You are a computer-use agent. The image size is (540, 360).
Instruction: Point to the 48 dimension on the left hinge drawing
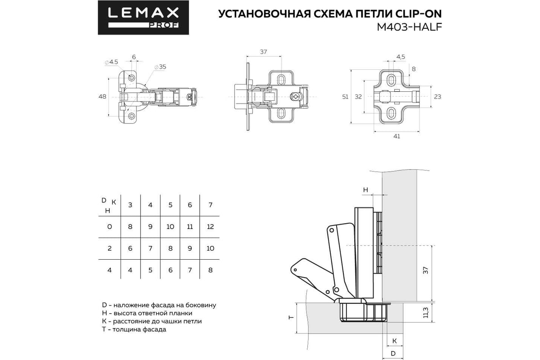click(x=102, y=97)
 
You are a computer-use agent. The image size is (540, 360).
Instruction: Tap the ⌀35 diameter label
click(x=160, y=67)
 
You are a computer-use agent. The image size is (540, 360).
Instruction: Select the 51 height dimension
click(x=345, y=97)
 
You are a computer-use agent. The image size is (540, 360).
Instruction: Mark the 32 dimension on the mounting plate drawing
click(x=358, y=97)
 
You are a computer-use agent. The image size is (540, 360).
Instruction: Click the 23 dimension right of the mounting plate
click(x=438, y=97)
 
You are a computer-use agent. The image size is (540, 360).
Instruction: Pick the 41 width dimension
click(x=396, y=137)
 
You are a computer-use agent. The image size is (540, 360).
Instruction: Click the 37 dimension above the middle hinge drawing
click(x=263, y=52)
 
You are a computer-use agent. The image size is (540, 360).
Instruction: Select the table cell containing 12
click(x=210, y=226)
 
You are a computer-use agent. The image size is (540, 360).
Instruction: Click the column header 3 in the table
click(x=130, y=205)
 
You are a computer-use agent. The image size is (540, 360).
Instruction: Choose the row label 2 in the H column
click(x=109, y=248)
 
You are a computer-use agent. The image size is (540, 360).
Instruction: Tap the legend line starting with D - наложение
click(x=159, y=305)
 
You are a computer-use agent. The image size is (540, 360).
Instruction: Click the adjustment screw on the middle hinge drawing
click(x=295, y=97)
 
